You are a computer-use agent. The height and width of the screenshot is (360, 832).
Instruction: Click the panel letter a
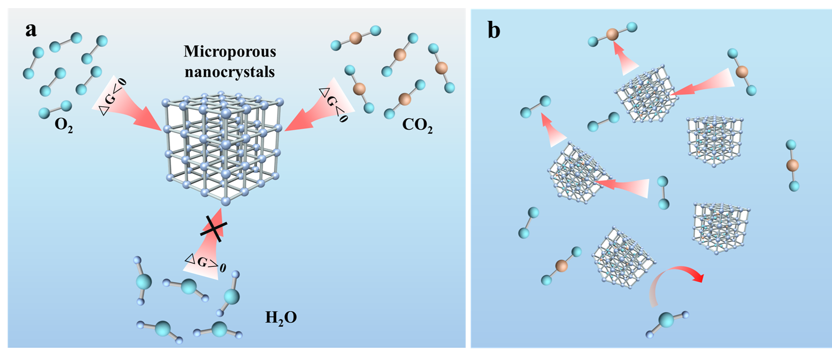tap(31, 30)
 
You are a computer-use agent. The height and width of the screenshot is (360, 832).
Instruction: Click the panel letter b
tap(494, 31)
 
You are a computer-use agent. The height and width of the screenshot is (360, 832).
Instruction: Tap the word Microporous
tap(230, 51)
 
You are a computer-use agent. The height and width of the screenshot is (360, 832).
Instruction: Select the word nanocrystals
tap(230, 72)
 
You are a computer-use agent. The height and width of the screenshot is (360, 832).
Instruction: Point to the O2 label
tap(64, 125)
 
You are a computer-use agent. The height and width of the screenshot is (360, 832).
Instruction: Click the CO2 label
tap(417, 125)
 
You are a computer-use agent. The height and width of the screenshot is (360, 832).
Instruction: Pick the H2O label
tap(281, 318)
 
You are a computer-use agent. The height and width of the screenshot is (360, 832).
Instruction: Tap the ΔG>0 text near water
tap(205, 263)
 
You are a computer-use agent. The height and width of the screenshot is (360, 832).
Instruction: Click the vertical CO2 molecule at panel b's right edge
tap(792, 165)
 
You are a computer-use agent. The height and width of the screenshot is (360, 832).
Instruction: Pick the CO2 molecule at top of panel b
tap(612, 34)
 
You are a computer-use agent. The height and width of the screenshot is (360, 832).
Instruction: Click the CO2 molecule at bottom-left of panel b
tap(561, 265)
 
